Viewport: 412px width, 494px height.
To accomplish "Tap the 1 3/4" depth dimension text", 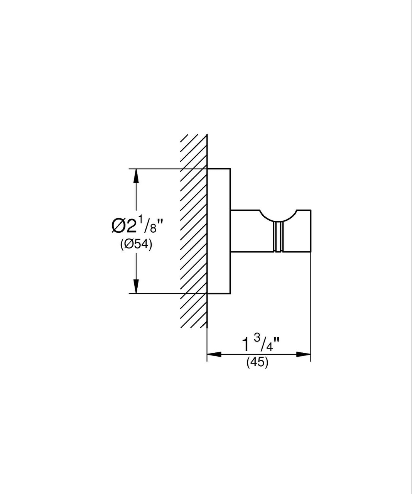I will click(x=257, y=343).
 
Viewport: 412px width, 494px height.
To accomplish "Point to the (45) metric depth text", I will click(x=257, y=363).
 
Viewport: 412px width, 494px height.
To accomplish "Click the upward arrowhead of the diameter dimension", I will click(x=135, y=176).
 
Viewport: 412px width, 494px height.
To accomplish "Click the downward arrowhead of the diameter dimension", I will click(x=135, y=286).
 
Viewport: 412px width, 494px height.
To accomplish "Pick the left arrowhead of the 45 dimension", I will click(x=214, y=354).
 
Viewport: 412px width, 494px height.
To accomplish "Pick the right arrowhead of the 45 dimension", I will click(x=304, y=354).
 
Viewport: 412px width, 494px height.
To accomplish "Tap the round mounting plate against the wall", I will click(x=219, y=231).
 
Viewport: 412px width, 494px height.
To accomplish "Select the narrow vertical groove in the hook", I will click(x=278, y=237).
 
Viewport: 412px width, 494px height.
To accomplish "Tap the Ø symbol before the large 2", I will click(x=119, y=225).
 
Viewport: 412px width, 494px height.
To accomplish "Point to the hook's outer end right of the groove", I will click(x=297, y=232).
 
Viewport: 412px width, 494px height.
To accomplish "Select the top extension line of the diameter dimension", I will click(x=162, y=169).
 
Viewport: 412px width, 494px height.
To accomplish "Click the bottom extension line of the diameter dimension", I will click(x=162, y=293).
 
